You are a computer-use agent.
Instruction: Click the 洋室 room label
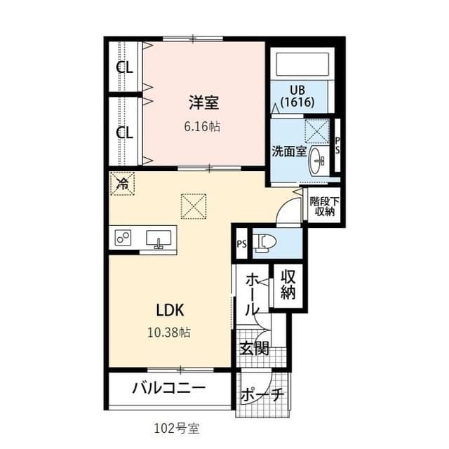(203, 103)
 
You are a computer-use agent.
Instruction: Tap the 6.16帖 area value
(203, 127)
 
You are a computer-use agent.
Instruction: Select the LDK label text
(169, 309)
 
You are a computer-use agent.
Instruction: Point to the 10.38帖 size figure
(169, 332)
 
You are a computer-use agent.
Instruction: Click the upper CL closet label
(125, 68)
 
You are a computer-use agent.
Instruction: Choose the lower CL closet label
(125, 132)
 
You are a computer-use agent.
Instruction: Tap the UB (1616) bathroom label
(297, 95)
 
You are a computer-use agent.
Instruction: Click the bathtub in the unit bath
(302, 65)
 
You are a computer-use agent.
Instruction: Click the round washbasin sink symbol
(319, 160)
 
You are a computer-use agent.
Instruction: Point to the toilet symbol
(264, 242)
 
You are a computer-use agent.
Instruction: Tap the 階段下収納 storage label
(323, 206)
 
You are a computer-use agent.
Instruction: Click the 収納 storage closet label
(288, 284)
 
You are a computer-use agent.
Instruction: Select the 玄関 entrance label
(254, 348)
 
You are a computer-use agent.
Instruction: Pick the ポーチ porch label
(262, 396)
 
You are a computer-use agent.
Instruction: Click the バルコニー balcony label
(168, 388)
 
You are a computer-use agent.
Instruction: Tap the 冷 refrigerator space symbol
(122, 185)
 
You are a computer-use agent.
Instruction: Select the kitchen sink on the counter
(161, 239)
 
